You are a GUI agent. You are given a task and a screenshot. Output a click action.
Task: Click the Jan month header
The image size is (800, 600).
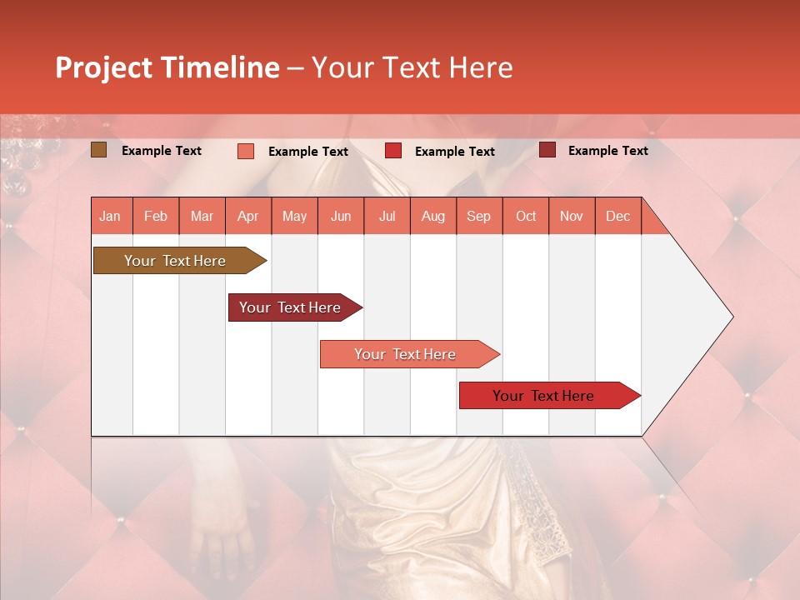(x=110, y=216)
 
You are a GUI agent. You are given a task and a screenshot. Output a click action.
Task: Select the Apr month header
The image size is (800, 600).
(x=247, y=216)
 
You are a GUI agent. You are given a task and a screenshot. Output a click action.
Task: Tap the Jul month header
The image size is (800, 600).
(x=387, y=216)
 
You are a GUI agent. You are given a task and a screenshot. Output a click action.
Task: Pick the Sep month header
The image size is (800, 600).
(x=478, y=216)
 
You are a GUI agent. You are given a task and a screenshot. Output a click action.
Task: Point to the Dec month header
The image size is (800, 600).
(x=617, y=216)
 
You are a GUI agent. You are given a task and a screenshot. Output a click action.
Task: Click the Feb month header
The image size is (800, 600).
(x=156, y=216)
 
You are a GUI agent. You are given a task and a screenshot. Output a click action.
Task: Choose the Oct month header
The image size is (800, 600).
(x=525, y=216)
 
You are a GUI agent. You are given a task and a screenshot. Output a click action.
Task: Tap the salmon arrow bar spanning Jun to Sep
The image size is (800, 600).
(x=406, y=354)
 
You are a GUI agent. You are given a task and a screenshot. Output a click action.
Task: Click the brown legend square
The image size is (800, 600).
(x=98, y=150)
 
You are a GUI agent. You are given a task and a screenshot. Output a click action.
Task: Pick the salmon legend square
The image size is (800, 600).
(x=245, y=151)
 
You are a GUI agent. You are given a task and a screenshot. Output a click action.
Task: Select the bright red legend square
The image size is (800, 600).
(x=392, y=151)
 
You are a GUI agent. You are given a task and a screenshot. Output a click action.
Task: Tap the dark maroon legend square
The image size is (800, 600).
(x=547, y=150)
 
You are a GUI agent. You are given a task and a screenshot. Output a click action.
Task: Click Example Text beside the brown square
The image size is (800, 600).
(x=162, y=151)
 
